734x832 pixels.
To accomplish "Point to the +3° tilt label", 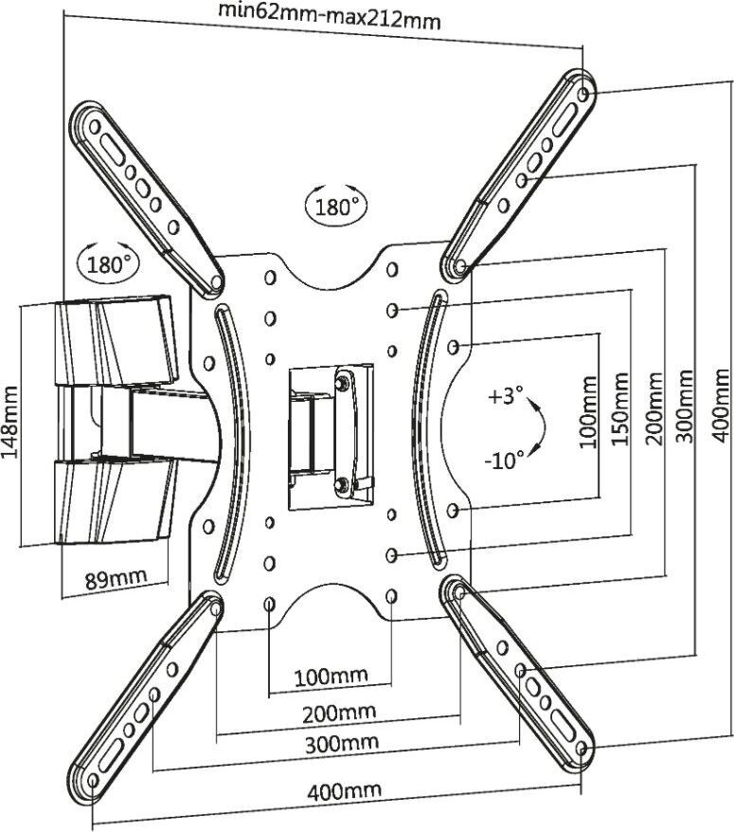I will [x=507, y=397].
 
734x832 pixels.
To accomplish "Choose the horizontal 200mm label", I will [x=338, y=712].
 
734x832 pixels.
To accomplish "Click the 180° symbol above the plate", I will [x=335, y=204].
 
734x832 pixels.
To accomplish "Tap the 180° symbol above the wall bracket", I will [x=107, y=262].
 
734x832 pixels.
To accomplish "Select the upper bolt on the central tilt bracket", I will [x=340, y=383].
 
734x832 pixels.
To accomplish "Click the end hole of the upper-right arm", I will [x=584, y=95].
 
